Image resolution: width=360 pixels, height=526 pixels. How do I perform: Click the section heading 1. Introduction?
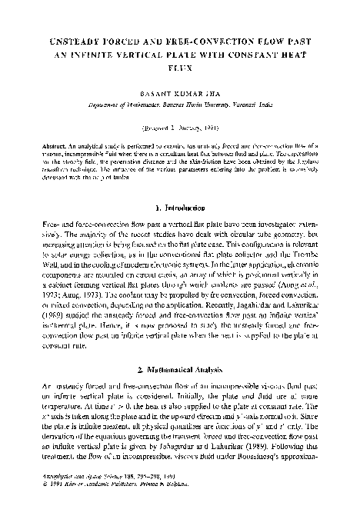(179, 207)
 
